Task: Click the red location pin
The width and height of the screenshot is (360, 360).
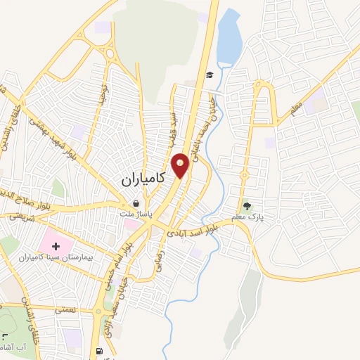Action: tap(181, 164)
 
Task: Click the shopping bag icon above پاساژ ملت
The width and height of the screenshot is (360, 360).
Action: tap(143, 204)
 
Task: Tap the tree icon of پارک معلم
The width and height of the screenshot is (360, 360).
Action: tap(247, 207)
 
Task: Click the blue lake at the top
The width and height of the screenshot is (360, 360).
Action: tap(228, 39)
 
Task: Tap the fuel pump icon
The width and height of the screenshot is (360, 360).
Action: tap(96, 352)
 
